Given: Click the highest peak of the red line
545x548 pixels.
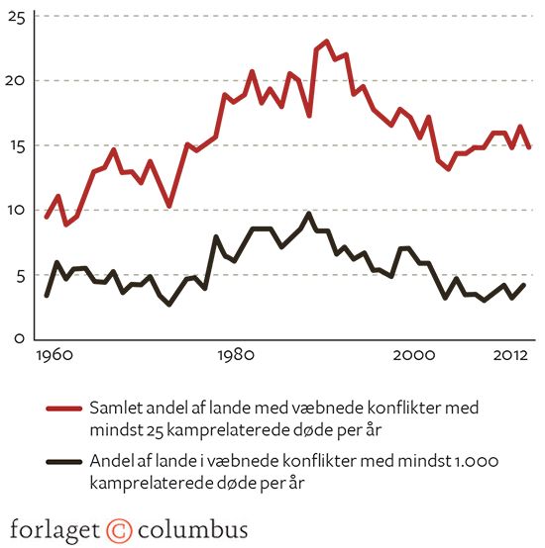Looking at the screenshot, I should pos(326,42).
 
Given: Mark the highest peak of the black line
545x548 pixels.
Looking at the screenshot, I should pos(309,214).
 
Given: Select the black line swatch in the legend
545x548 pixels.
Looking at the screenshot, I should pos(63,462).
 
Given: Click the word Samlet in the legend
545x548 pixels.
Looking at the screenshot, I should pos(117,408).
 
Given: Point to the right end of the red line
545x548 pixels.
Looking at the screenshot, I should pos(531,147).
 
